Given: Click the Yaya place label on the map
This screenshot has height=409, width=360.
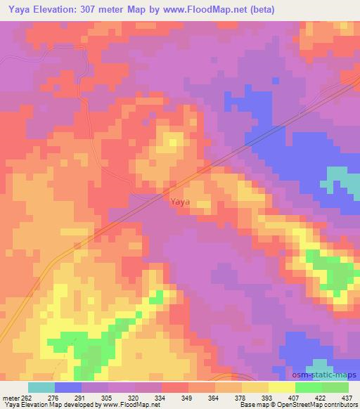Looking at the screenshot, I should (179, 202).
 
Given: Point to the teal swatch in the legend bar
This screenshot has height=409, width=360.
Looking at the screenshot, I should (41, 387).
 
